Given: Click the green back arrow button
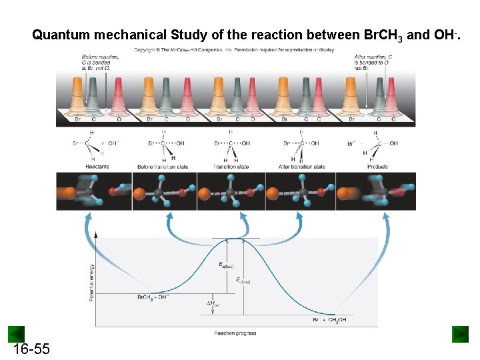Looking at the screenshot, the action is point(16,334).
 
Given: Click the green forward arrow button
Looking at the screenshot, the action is point(460,334).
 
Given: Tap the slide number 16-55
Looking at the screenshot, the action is point(31,349).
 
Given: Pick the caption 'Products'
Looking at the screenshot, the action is point(377,166).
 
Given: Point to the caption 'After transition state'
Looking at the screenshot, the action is point(302,166).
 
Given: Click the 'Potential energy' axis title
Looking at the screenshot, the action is point(91,281).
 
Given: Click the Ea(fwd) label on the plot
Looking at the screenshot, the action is point(227,265).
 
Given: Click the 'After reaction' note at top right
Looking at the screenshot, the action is point(373,63).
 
